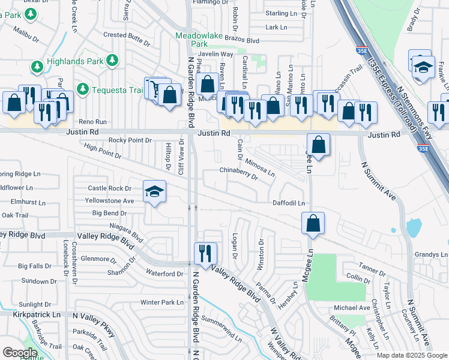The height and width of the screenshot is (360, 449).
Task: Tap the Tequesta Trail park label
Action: point(118,91)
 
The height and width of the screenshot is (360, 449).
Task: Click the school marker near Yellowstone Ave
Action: point(154,192)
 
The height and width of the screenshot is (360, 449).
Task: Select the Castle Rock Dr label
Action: point(109,188)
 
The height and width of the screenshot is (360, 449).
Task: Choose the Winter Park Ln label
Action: point(161,302)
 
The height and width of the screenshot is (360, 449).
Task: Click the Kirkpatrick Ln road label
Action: point(40,314)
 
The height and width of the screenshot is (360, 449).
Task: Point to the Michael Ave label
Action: point(352,308)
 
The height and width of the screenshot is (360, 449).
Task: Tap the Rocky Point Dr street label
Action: point(130,140)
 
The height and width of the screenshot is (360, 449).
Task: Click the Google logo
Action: point(19,353)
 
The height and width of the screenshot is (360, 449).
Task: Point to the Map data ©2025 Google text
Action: point(411,355)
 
